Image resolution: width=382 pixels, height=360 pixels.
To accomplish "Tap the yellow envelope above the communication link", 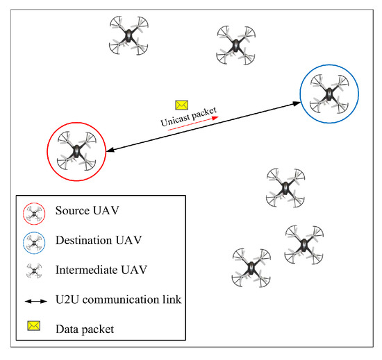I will [x=182, y=104].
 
